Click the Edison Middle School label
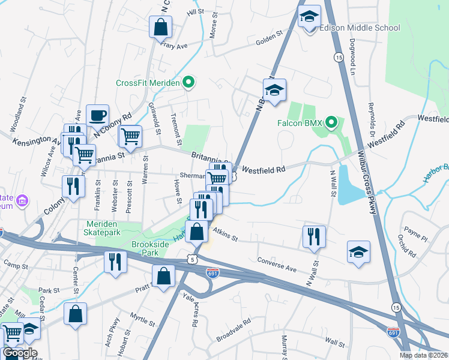(x=359, y=28)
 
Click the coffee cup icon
(x=97, y=115)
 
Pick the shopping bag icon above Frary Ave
(x=161, y=26)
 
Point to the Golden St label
(x=270, y=40)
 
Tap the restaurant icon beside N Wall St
(x=314, y=236)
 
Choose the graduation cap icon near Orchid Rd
(x=358, y=251)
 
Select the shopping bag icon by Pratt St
(x=163, y=277)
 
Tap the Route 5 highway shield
(x=191, y=259)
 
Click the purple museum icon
(x=23, y=200)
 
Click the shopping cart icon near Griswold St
(x=130, y=136)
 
